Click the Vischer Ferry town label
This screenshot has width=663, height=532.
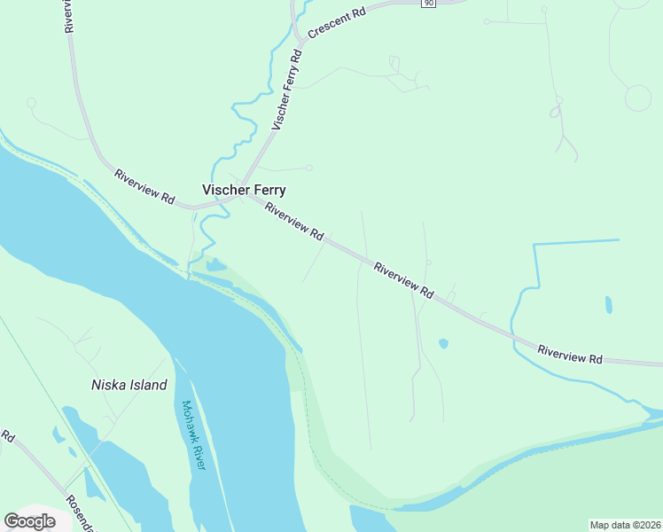(x=244, y=190)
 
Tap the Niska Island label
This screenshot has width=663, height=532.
(x=129, y=385)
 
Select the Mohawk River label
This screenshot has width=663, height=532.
(x=193, y=434)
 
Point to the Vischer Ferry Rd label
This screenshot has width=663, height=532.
(x=287, y=90)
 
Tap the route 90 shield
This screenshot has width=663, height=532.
(x=428, y=4)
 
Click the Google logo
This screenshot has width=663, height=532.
(x=29, y=521)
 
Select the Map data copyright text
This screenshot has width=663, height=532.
(x=625, y=525)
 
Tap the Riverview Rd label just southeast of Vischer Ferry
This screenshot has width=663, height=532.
(x=293, y=223)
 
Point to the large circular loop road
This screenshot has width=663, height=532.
(x=637, y=98)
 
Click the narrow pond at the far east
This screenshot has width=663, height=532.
(x=608, y=305)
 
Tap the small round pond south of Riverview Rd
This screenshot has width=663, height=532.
(x=443, y=343)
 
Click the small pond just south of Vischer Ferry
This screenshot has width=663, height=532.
(x=215, y=264)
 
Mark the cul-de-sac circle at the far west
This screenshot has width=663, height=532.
(x=31, y=103)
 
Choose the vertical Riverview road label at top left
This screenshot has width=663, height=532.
(x=67, y=16)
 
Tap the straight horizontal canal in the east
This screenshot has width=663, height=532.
(x=576, y=241)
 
